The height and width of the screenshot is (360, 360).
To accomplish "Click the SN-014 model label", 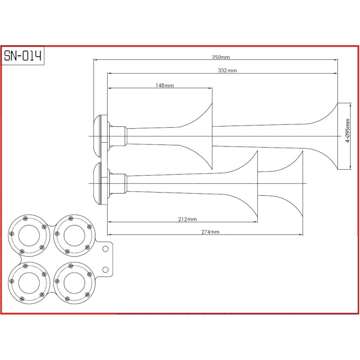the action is click(x=23, y=56).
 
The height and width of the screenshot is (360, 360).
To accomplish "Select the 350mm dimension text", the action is click(x=220, y=57).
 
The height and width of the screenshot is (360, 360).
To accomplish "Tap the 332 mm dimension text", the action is click(x=227, y=71).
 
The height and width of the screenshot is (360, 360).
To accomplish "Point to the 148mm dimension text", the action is click(x=165, y=85).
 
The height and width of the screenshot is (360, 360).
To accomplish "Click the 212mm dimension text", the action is click(x=187, y=219).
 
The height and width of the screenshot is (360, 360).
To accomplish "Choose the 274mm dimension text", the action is click(x=210, y=232).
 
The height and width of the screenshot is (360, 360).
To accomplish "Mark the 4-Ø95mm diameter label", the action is click(x=347, y=130).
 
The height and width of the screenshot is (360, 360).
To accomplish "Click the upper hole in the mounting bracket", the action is click(x=105, y=249).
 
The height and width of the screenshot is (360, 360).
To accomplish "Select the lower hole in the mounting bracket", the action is click(x=105, y=270).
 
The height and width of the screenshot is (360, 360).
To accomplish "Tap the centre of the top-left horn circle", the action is click(x=29, y=235).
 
